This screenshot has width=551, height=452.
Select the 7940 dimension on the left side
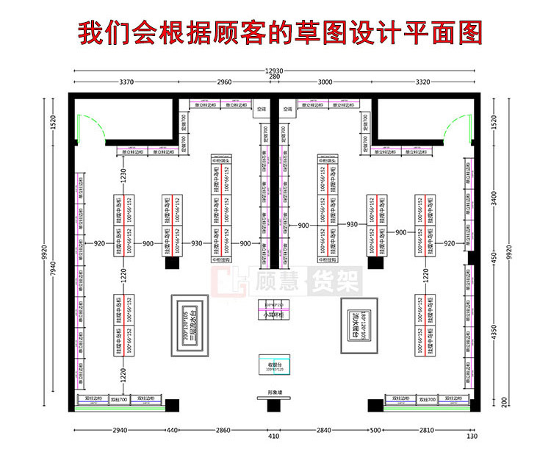tap(53, 270)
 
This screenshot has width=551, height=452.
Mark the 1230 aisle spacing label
tap(124, 177)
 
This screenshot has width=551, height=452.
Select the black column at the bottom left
tap(173, 404)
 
